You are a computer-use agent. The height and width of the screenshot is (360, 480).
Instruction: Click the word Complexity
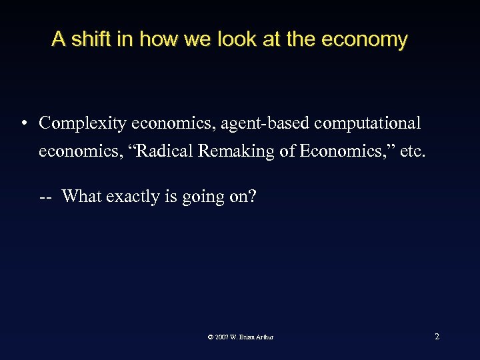click(83, 124)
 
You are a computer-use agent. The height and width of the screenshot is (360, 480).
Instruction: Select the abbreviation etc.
click(410, 151)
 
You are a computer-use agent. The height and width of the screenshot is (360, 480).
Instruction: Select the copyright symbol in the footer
click(211, 337)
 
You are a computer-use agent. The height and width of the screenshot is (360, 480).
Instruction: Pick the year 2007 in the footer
click(222, 337)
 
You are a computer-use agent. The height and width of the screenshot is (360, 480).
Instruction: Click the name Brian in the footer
click(247, 337)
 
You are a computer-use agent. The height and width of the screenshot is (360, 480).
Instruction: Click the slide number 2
click(437, 336)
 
